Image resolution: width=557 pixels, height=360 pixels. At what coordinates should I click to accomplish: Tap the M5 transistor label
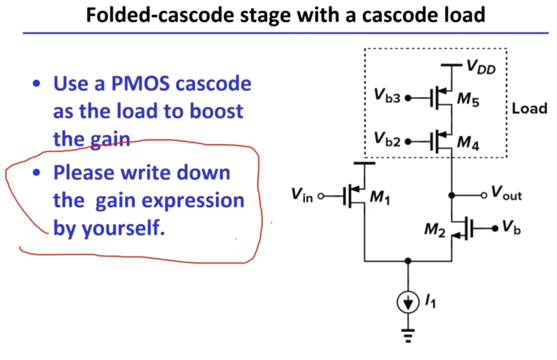[x=469, y=101]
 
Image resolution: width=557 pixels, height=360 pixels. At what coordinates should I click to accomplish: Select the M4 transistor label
[x=469, y=143]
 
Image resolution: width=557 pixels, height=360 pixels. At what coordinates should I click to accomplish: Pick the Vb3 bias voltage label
[x=388, y=99]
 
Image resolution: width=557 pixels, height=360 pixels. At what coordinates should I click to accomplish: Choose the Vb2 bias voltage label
[x=388, y=141]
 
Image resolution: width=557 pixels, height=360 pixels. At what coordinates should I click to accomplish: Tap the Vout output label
[x=507, y=194]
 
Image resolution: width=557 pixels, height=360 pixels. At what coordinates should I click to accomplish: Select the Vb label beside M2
[x=512, y=228]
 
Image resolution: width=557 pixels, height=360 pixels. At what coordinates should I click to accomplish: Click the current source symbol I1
[x=408, y=304]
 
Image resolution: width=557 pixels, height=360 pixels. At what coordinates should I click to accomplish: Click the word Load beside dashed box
[x=529, y=108]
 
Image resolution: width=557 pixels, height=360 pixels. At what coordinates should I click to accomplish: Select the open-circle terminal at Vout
[x=484, y=195]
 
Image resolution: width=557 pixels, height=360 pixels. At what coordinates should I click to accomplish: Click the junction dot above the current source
[x=408, y=261]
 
